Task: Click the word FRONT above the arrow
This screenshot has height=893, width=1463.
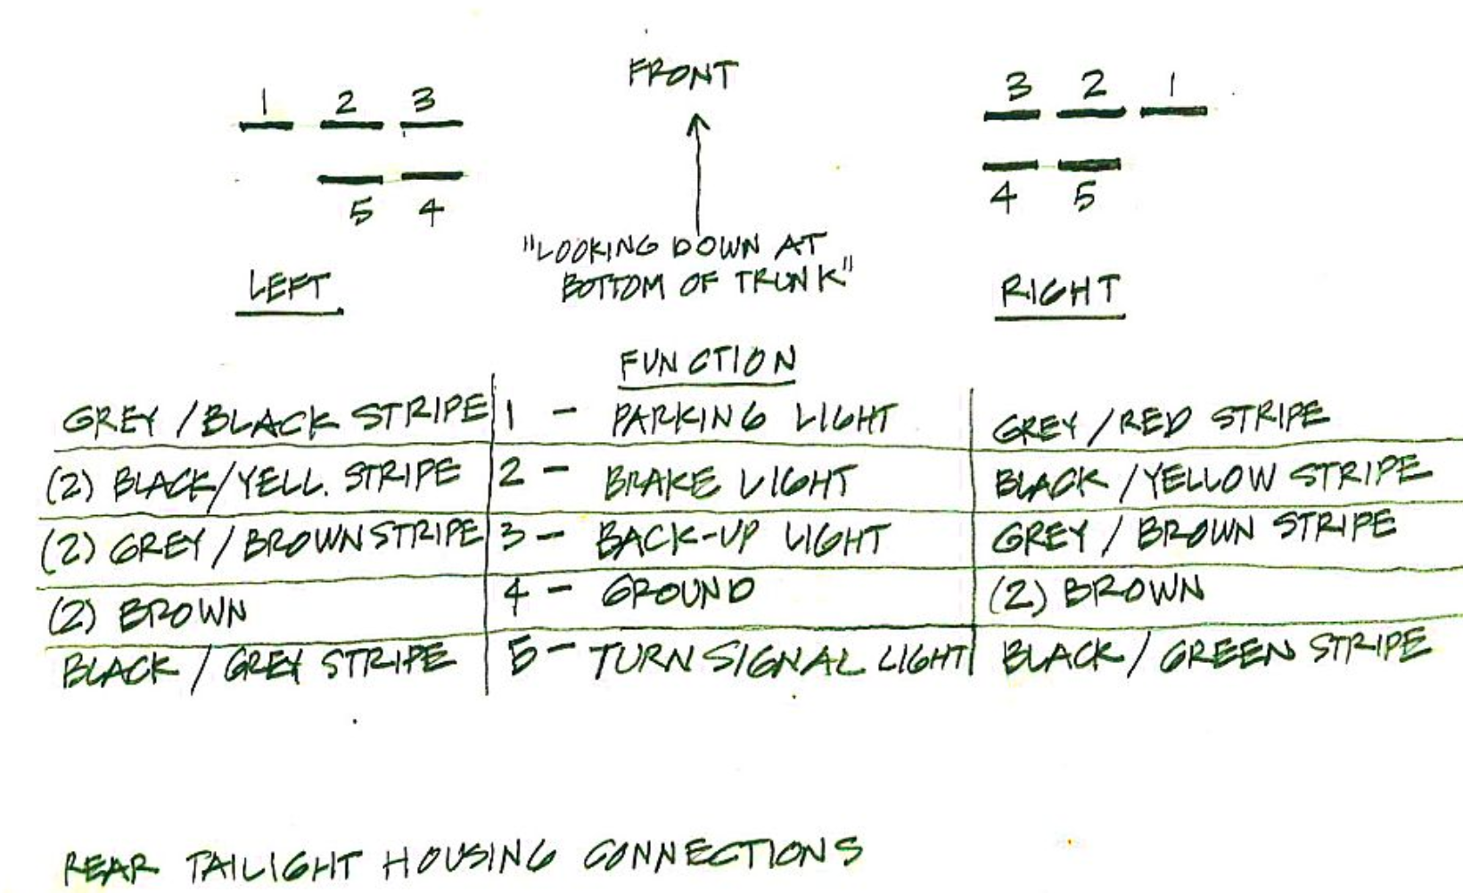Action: (x=683, y=75)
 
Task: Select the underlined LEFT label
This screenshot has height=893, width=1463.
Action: (x=288, y=288)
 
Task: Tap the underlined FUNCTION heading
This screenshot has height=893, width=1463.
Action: (x=707, y=363)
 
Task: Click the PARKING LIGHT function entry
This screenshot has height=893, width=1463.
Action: (x=753, y=420)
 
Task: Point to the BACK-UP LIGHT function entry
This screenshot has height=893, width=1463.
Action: (x=743, y=539)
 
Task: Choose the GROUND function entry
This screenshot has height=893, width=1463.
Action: (x=678, y=592)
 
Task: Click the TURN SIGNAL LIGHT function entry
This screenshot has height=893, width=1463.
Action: (x=777, y=660)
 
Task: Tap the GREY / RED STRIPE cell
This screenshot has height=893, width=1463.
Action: (x=1159, y=422)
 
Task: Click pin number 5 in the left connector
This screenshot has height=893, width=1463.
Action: (x=360, y=212)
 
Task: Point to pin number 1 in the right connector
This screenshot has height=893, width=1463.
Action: (x=1172, y=87)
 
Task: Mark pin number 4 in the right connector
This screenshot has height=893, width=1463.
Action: (x=1003, y=197)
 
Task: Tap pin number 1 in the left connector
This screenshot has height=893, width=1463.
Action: (x=265, y=102)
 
